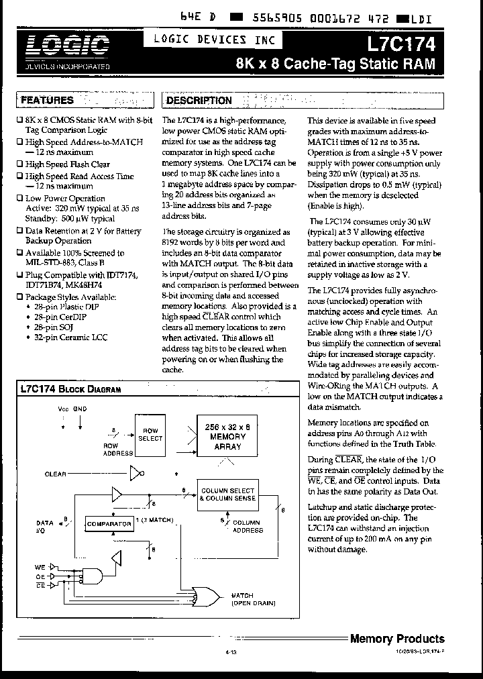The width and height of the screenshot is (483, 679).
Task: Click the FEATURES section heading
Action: [x=48, y=100]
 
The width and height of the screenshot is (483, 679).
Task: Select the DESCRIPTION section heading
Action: [x=199, y=101]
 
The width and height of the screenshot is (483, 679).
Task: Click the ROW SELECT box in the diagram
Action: [x=150, y=434]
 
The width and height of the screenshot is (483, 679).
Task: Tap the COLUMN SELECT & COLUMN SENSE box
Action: [x=228, y=495]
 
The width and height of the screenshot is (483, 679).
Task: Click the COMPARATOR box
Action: [x=108, y=523]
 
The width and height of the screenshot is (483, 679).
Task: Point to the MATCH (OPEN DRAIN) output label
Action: [x=254, y=599]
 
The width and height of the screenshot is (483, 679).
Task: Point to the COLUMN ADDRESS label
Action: [x=247, y=526]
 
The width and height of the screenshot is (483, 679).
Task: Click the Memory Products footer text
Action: [x=397, y=639]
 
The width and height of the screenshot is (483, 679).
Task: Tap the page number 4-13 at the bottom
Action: [x=229, y=651]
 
